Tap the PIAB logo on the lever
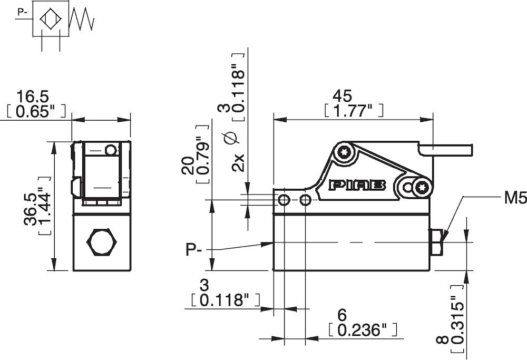tap(358, 184)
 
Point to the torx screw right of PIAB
tap(422, 186)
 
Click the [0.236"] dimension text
tap(361, 330)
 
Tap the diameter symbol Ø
tap(229, 138)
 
